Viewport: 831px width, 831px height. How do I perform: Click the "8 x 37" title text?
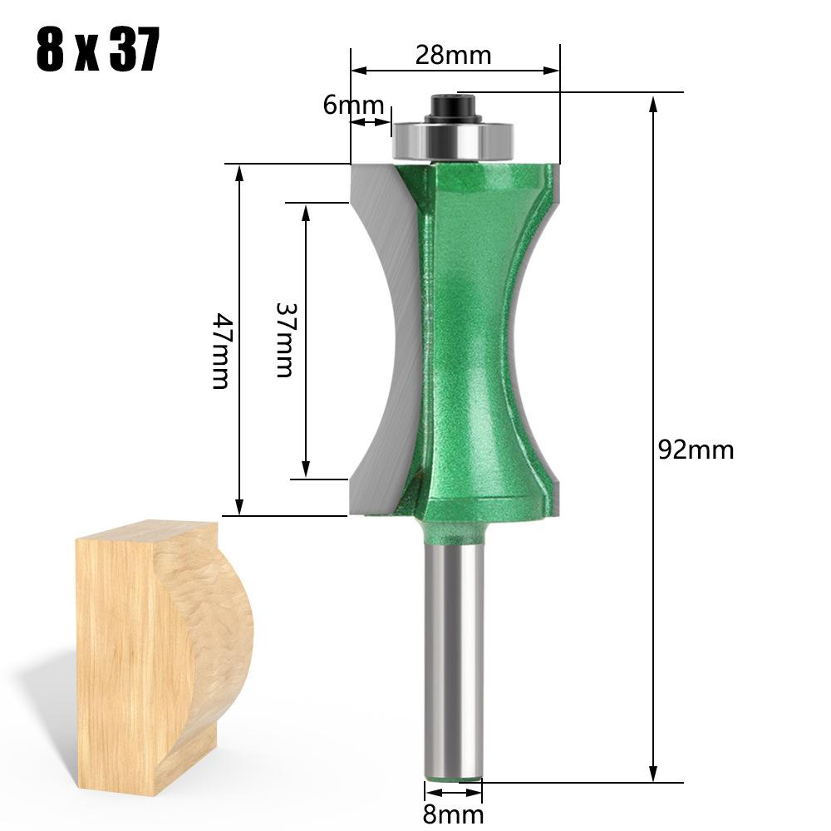97,52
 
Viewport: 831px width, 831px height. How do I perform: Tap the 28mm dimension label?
453,55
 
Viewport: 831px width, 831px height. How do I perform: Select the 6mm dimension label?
353,106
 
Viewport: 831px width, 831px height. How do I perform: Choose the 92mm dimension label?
696,450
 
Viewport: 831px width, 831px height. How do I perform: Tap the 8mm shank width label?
453,814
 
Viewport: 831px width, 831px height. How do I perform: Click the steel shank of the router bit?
453,648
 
